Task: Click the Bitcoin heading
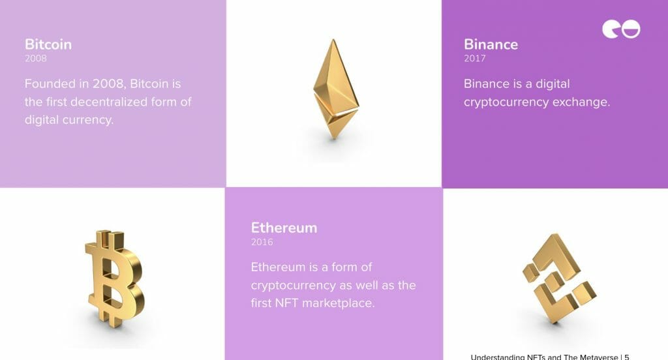(48, 44)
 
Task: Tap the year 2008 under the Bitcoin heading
(36, 58)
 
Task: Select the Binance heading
(491, 44)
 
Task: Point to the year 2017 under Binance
(475, 58)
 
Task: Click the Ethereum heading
(284, 228)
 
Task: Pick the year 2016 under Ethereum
(262, 242)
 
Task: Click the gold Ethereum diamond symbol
(335, 89)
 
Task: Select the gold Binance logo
(559, 279)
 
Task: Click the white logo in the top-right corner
(621, 29)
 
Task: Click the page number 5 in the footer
(627, 357)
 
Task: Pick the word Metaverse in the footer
(598, 357)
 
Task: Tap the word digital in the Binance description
(553, 84)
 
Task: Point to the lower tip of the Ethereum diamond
(334, 140)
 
